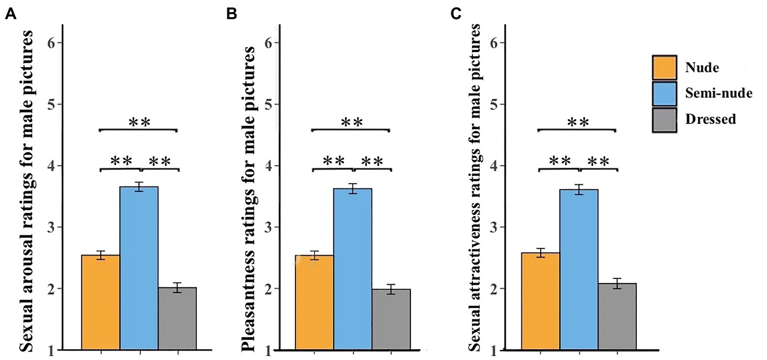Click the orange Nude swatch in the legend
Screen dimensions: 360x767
[x=664, y=67]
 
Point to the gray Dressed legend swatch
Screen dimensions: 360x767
[x=664, y=119]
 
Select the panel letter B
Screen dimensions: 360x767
[x=231, y=15]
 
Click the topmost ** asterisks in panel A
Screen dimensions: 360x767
[x=139, y=122]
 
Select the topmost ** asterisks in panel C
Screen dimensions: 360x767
[x=577, y=122]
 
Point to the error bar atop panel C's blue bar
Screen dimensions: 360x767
[x=579, y=190]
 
